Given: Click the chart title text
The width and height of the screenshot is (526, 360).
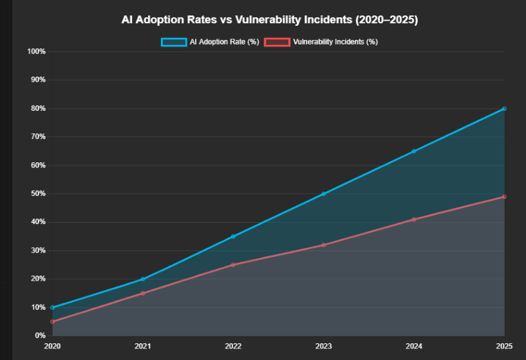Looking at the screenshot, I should (270, 20).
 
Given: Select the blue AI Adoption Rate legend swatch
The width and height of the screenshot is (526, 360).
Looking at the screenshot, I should (173, 42).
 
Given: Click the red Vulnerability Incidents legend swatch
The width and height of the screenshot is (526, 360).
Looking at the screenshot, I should (276, 42).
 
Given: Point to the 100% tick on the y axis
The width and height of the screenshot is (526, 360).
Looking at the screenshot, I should (37, 52).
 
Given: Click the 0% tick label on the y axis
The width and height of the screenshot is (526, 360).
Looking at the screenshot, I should (40, 336).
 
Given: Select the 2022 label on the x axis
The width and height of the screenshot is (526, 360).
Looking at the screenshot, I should (233, 346).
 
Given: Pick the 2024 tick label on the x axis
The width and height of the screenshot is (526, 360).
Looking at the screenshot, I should (414, 346).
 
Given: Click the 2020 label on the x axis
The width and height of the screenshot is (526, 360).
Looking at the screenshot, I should (52, 346).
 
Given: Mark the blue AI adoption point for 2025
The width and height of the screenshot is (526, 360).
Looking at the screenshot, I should (504, 109).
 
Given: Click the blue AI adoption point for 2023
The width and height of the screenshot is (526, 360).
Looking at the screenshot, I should (323, 194).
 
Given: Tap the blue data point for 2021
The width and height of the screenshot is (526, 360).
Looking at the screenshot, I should (142, 279).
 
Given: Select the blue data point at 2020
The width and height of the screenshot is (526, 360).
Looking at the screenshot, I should (52, 307).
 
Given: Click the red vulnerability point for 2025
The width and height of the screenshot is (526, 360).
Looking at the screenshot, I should (504, 196).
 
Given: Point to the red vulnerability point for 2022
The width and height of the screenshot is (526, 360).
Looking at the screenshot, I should (233, 265).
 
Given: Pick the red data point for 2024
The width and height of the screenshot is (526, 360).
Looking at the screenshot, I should (414, 220).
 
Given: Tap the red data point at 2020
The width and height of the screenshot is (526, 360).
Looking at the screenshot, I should (52, 321).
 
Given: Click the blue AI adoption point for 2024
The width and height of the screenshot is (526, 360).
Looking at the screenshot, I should (414, 151).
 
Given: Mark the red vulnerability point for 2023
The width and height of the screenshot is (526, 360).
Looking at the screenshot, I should (323, 245).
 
